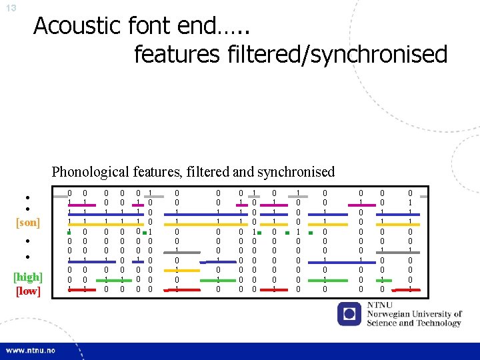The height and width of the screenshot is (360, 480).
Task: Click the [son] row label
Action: click(27, 221)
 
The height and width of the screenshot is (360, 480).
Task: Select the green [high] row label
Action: click(28, 277)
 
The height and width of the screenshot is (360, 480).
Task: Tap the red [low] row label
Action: click(27, 291)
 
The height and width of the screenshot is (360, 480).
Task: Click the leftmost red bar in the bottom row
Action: click(77, 289)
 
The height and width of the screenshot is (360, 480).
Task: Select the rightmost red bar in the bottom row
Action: click(411, 289)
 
